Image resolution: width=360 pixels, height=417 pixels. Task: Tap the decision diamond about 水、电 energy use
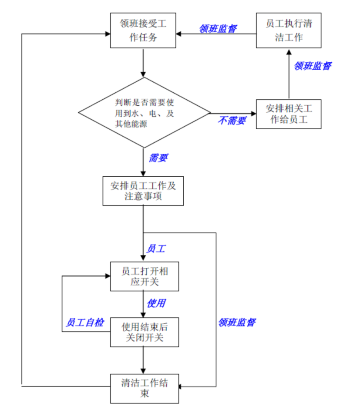pyautogui.click(x=144, y=113)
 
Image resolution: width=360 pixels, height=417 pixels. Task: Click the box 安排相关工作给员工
pyautogui.click(x=289, y=114)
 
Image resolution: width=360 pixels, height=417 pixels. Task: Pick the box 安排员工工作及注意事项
pyautogui.click(x=143, y=191)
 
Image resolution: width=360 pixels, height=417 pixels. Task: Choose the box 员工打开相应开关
pyautogui.click(x=144, y=276)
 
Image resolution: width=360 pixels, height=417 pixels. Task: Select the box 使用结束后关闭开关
pyautogui.click(x=144, y=332)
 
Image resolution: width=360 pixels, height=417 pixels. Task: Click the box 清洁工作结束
pyautogui.click(x=144, y=388)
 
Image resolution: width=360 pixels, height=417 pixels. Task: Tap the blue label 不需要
pyautogui.click(x=232, y=121)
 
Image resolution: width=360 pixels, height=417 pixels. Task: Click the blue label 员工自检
pyautogui.click(x=84, y=323)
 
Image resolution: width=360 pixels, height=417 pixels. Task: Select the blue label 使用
pyautogui.click(x=156, y=303)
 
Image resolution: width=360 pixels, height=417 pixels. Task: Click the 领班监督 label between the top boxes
pyautogui.click(x=218, y=29)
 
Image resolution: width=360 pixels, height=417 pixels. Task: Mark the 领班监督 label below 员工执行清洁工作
pyautogui.click(x=313, y=66)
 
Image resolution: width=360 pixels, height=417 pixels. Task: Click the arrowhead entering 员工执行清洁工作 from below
pyautogui.click(x=289, y=51)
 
